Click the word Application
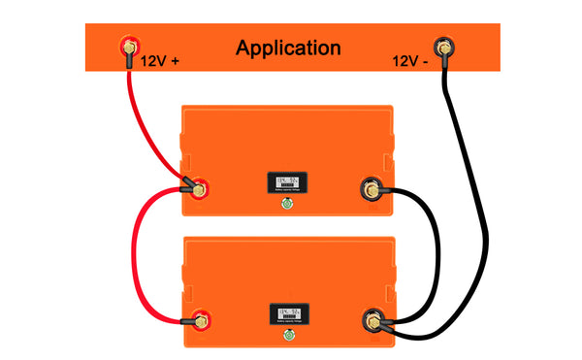pos(288,48)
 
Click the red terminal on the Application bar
pos(126,46)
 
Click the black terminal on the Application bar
pos(444,46)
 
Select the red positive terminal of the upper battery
pos(198,188)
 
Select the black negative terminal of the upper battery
pos(371,187)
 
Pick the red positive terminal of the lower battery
pos(198,317)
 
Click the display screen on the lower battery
pos(288,314)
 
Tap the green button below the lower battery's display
pos(288,337)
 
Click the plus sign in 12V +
pos(176,60)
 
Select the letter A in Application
pos(243,47)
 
